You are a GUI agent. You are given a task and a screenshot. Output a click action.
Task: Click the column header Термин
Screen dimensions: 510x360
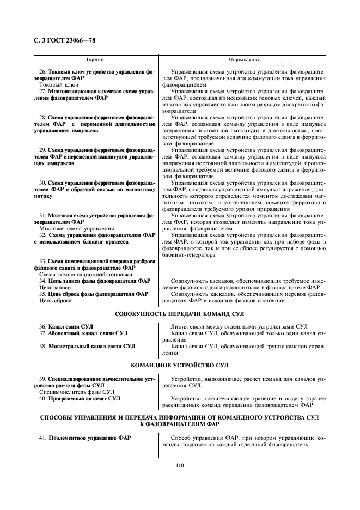coord(96,59)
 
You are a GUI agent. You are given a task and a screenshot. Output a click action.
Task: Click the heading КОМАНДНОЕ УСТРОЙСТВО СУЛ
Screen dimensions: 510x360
coord(180,365)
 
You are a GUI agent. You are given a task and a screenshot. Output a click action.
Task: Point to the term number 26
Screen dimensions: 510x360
coord(43,72)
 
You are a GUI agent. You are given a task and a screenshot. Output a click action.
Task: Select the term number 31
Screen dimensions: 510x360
coord(43,216)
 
